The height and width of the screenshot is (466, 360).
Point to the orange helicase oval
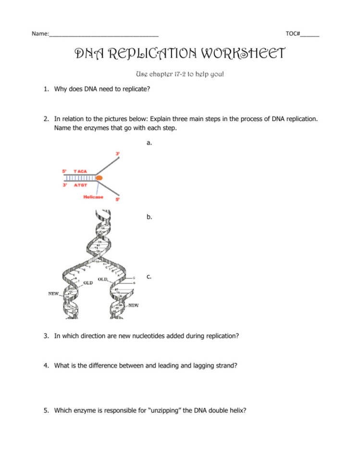pyautogui.click(x=99, y=178)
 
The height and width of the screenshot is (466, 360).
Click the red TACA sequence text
pyautogui.click(x=80, y=171)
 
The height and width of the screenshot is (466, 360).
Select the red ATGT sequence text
pyautogui.click(x=80, y=184)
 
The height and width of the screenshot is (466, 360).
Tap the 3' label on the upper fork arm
pyautogui.click(x=117, y=153)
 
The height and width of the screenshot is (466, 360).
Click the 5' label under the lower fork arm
pyautogui.click(x=117, y=199)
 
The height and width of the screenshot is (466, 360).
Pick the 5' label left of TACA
pyautogui.click(x=65, y=171)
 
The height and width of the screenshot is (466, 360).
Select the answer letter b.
pyautogui.click(x=149, y=217)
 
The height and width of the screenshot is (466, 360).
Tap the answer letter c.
pyautogui.click(x=149, y=276)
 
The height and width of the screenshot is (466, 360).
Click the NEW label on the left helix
pyautogui.click(x=53, y=293)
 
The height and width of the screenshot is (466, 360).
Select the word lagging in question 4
pyautogui.click(x=194, y=366)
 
